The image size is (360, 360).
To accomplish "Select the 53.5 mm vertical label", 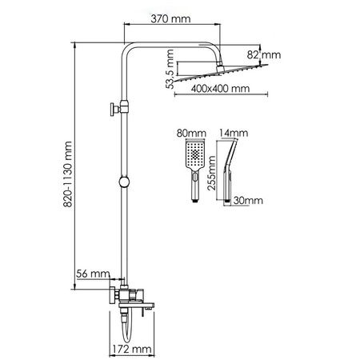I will pos(170,70).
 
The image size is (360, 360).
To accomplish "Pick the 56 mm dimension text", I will pos(92,274).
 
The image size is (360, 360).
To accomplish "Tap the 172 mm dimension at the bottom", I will pos(132,349).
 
